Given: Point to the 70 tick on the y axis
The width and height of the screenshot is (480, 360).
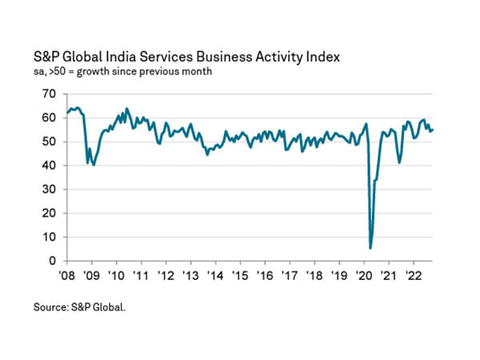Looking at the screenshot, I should [x=50, y=94].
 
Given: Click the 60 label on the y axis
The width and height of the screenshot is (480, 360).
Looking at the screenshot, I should [x=50, y=118].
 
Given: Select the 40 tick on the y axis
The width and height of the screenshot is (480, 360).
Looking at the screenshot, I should [x=50, y=166].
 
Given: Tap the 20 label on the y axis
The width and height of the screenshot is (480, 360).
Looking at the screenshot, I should [x=50, y=214].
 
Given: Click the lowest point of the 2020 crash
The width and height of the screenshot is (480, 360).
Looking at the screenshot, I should [x=370, y=248].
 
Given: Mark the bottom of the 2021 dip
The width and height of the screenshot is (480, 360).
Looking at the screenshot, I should [x=400, y=162].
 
